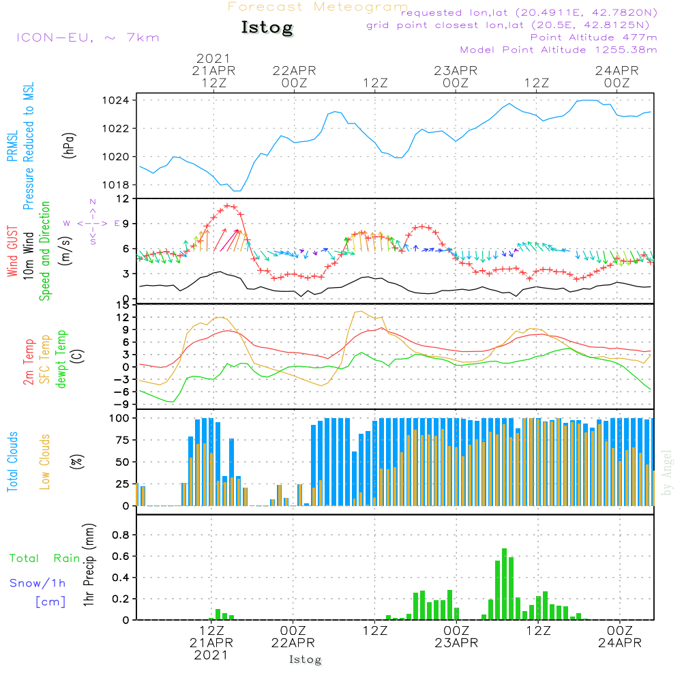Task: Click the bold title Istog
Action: pyautogui.click(x=267, y=28)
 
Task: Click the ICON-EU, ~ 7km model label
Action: pyautogui.click(x=88, y=38)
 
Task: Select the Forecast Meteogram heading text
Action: pyautogui.click(x=318, y=7)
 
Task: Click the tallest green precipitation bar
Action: pyautogui.click(x=505, y=584)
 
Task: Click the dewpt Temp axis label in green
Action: pyautogui.click(x=62, y=359)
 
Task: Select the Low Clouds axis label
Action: pyautogui.click(x=46, y=461)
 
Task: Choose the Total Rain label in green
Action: pyautogui.click(x=44, y=559)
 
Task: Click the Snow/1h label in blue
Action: pyautogui.click(x=38, y=583)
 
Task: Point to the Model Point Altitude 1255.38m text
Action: pyautogui.click(x=559, y=50)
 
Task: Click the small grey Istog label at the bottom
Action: pyautogui.click(x=305, y=659)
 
